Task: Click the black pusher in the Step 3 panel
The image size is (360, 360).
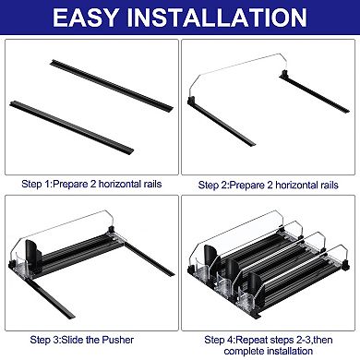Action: click(x=36, y=251)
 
